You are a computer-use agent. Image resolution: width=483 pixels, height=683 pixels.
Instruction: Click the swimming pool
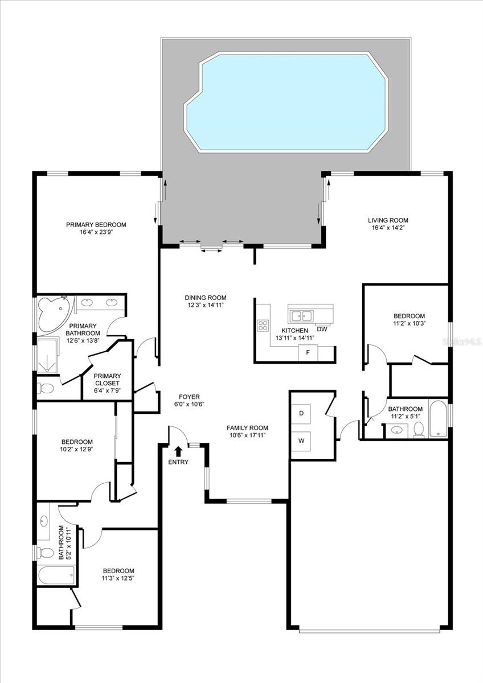pyautogui.click(x=285, y=102)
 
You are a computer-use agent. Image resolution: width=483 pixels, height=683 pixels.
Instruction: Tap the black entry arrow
pyautogui.click(x=178, y=451)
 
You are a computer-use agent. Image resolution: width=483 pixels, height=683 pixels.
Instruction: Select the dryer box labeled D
pyautogui.click(x=301, y=413)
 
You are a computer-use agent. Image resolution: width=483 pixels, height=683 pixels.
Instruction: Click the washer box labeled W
pyautogui.click(x=301, y=439)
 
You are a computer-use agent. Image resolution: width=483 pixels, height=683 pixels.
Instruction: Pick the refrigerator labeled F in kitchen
pyautogui.click(x=308, y=352)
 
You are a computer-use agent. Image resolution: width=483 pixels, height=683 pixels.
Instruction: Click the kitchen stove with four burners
pyautogui.click(x=263, y=326)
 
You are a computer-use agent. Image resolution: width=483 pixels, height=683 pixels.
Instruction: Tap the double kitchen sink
pyautogui.click(x=300, y=314)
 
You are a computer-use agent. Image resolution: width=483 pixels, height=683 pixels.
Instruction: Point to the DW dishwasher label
pyautogui.click(x=322, y=329)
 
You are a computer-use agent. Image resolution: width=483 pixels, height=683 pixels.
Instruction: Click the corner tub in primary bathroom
pyautogui.click(x=52, y=313)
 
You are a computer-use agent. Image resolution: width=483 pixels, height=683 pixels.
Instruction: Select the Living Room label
pyautogui.click(x=387, y=220)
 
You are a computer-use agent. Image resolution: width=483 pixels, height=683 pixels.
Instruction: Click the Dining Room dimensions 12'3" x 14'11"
pyautogui.click(x=205, y=305)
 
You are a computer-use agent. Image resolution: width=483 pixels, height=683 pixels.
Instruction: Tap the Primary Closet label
pyautogui.click(x=107, y=379)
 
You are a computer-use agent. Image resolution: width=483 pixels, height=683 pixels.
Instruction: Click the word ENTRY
pyautogui.click(x=178, y=462)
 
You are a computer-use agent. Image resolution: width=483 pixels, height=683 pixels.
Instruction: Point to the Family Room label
pyautogui.click(x=247, y=428)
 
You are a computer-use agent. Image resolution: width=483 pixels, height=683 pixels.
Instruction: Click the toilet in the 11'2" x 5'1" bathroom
pyautogui.click(x=419, y=430)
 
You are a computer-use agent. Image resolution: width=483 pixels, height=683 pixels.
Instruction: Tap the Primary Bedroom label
pyautogui.click(x=96, y=224)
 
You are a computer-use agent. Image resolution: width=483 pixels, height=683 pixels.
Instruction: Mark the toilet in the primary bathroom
pyautogui.click(x=47, y=389)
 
